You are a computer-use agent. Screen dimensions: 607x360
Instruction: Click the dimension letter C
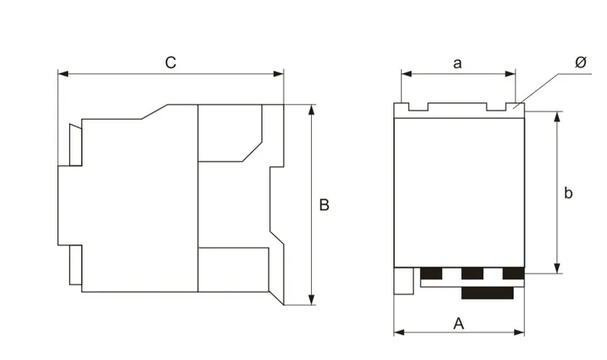coord(170,62)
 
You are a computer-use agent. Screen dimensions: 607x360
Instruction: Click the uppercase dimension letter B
coord(324,205)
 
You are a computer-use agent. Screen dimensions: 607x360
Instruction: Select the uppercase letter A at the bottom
coord(458,323)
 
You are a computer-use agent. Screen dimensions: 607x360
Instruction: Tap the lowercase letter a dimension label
coord(457,63)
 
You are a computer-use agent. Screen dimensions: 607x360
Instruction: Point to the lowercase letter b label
coord(568,192)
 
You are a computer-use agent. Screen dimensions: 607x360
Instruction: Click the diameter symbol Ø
coord(580,62)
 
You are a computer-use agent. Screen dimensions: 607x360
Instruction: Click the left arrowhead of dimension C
coord(63,73)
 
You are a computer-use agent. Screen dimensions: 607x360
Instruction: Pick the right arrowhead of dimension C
coord(279,73)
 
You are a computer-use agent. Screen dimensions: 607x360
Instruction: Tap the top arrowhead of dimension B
coord(312,110)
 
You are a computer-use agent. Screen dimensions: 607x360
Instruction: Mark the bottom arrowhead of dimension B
coord(312,299)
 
